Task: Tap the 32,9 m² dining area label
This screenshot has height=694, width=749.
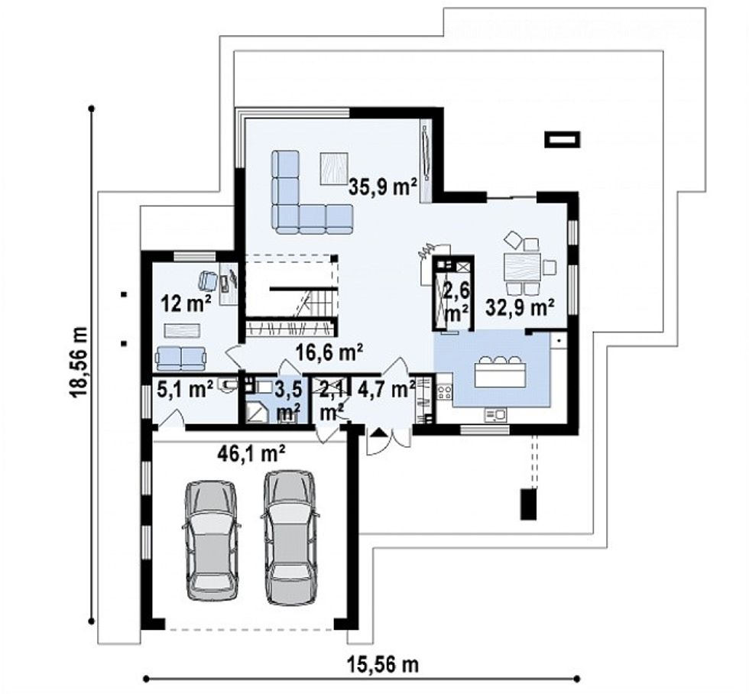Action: (520, 307)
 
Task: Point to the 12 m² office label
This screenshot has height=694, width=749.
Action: (186, 304)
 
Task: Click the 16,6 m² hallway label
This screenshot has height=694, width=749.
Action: (329, 352)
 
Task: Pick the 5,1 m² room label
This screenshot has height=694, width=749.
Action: (184, 390)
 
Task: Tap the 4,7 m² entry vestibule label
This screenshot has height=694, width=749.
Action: (386, 389)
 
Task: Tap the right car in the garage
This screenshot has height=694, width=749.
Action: (290, 537)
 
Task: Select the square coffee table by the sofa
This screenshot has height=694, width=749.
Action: (334, 167)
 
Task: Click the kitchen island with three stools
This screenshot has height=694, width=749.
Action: (500, 373)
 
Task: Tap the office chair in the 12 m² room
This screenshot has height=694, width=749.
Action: (207, 281)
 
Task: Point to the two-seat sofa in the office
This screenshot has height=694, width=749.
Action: (181, 357)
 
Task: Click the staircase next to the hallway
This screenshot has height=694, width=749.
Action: (306, 298)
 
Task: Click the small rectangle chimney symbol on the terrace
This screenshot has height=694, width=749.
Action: (562, 139)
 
